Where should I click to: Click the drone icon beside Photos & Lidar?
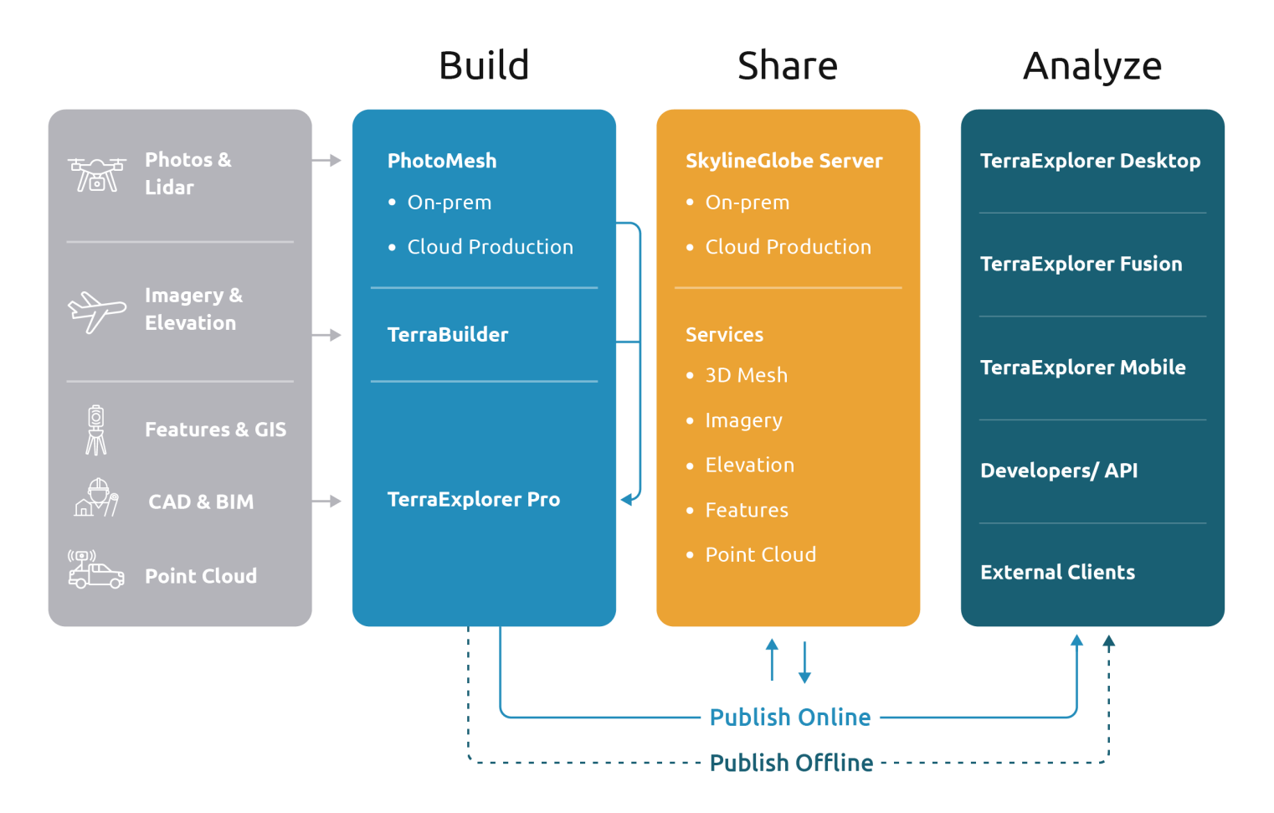pos(97,173)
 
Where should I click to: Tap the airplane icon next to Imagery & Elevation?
pos(96,311)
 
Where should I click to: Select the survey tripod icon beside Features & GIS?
pos(96,430)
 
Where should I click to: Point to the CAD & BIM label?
pos(201,502)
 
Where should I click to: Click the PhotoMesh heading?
pos(442,161)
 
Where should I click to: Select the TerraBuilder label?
pos(448,335)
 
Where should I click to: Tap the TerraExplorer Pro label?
pos(474,500)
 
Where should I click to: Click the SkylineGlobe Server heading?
pos(783,161)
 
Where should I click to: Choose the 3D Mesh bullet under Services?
pos(746,375)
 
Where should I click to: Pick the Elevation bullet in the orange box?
pos(749,465)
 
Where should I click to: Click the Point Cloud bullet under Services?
pos(760,554)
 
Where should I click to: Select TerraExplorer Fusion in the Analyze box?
pos(1081,264)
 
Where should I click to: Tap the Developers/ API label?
pos(1059,471)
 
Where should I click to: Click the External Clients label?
pos(1057,573)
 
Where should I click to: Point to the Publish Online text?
pos(790,718)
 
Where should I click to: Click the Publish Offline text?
pos(791,763)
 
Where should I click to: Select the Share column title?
pos(787,65)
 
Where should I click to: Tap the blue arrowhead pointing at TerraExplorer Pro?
pos(626,500)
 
